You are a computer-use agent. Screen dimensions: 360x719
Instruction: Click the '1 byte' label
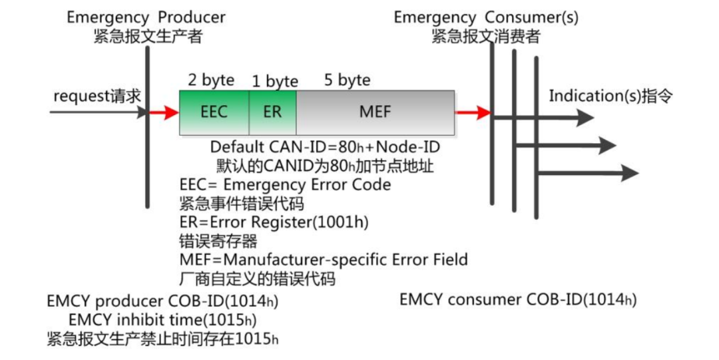click(274, 82)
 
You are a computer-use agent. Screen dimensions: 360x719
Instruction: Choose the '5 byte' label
click(347, 81)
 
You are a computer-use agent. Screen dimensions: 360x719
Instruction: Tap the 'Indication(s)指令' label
click(610, 96)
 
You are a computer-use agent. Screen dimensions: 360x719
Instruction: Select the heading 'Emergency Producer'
click(146, 17)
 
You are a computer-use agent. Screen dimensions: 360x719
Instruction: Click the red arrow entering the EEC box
click(164, 113)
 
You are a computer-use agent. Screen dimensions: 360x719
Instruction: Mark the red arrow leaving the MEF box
click(473, 113)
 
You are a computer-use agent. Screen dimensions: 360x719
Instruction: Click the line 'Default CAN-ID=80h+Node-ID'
click(325, 146)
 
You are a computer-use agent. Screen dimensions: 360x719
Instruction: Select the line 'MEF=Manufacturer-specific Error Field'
click(324, 259)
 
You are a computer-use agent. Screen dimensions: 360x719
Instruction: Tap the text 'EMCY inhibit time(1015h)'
click(162, 320)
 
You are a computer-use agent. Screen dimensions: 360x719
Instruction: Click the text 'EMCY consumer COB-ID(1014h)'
click(518, 299)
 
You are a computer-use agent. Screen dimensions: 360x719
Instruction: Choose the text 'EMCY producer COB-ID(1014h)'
click(162, 301)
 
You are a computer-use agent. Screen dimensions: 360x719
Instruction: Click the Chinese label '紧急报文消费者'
click(485, 37)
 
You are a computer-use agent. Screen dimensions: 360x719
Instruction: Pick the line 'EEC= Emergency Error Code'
click(285, 184)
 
